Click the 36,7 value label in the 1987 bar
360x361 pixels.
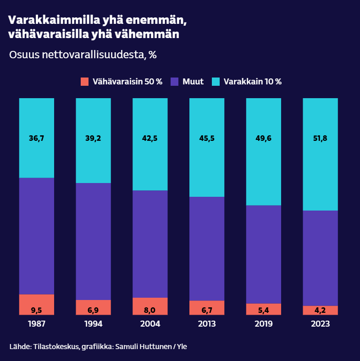(x=37, y=138)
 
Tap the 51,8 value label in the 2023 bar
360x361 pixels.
(x=321, y=138)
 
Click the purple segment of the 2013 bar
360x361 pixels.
(x=207, y=249)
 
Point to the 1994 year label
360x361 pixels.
(x=94, y=324)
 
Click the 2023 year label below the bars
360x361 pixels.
(x=321, y=324)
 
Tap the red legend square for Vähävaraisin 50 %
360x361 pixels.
(x=84, y=82)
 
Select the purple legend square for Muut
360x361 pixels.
(x=174, y=82)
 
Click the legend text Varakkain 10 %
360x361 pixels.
(x=253, y=82)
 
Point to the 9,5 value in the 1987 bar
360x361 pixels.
(x=37, y=310)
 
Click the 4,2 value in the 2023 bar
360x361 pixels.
(x=321, y=310)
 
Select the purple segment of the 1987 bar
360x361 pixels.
(x=37, y=236)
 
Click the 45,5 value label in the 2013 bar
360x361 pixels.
(x=207, y=138)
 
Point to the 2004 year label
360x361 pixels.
(x=150, y=324)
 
